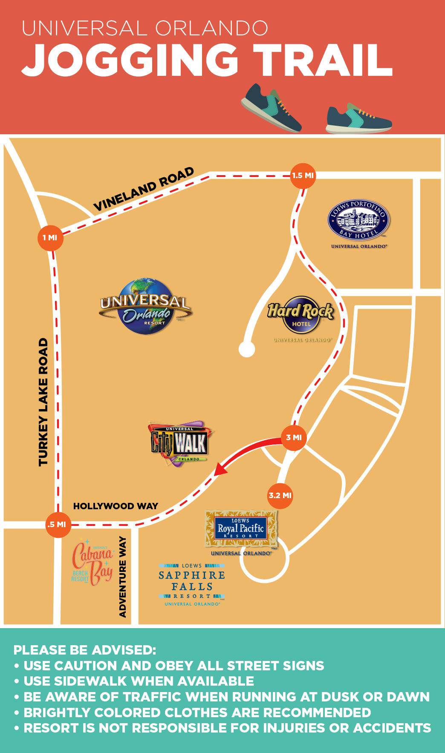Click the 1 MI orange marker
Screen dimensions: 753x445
(50, 238)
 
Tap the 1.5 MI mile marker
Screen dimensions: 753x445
(303, 176)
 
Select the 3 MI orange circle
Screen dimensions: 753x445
(294, 438)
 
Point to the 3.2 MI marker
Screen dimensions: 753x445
(280, 496)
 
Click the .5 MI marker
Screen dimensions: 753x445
(58, 525)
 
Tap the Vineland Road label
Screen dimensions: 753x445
(144, 189)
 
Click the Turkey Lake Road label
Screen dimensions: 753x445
(43, 402)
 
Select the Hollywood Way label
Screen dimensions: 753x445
(116, 506)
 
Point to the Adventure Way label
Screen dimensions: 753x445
(123, 577)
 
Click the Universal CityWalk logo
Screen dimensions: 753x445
(179, 443)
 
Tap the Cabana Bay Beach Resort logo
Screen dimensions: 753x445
(93, 563)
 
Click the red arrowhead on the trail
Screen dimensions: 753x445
(220, 469)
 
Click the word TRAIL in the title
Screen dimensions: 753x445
(323, 61)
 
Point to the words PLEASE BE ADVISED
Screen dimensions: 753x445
(85, 650)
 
